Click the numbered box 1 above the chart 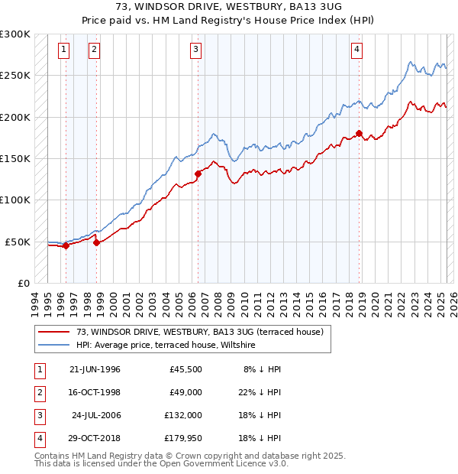click(x=63, y=50)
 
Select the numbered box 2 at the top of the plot click(x=93, y=50)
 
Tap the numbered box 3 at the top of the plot click(x=196, y=50)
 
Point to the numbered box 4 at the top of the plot click(x=356, y=50)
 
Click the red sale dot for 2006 click(x=198, y=174)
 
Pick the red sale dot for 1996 click(x=66, y=245)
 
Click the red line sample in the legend click(x=54, y=332)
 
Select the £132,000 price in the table click(x=183, y=415)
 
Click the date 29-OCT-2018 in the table click(x=94, y=438)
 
